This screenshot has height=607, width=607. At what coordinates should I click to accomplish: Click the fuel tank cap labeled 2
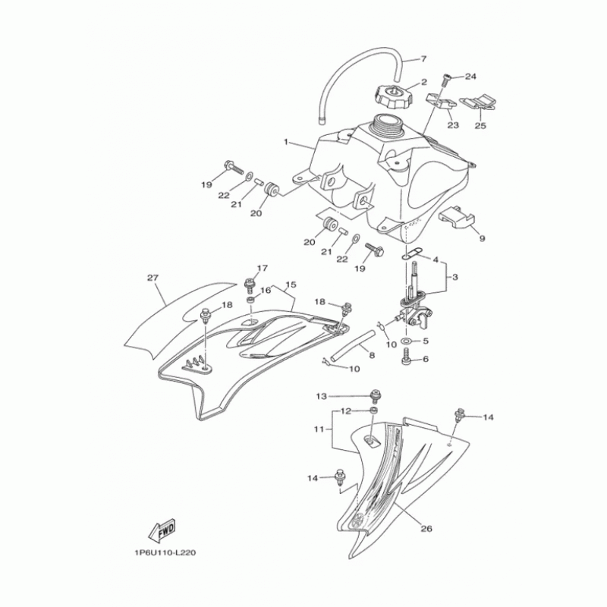[x=392, y=97]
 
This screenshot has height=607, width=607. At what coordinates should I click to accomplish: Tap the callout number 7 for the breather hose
[x=423, y=59]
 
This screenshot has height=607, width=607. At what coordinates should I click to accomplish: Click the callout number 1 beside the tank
[x=286, y=142]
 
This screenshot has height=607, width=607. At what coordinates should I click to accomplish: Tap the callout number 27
[x=152, y=278]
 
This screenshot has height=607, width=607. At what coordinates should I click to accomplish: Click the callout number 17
[x=263, y=268]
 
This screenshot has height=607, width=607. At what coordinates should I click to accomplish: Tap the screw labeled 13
[x=374, y=395]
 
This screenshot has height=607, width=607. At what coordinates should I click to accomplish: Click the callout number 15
[x=289, y=286]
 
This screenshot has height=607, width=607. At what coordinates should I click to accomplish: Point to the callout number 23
[x=453, y=124]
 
